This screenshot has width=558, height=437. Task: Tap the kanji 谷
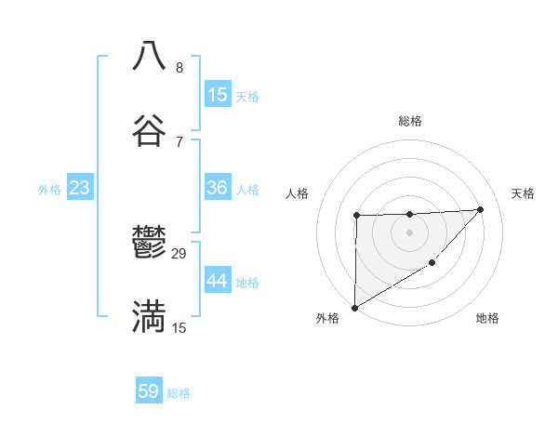(x=149, y=131)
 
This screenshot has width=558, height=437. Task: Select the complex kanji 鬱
(x=149, y=244)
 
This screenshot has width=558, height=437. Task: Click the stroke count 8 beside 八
(x=179, y=68)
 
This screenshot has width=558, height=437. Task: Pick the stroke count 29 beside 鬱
(x=179, y=254)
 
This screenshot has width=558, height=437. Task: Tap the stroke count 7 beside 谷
(x=179, y=142)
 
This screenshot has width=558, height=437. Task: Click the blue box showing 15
(x=218, y=95)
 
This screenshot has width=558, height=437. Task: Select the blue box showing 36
(x=218, y=188)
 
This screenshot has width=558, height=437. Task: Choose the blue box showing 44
(x=218, y=281)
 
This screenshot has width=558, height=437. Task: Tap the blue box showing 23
(x=80, y=188)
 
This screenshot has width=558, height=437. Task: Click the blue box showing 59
(x=149, y=391)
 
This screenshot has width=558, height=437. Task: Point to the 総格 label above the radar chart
(x=410, y=121)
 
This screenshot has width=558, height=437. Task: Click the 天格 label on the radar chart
(x=523, y=193)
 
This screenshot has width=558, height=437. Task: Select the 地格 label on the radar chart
(x=487, y=318)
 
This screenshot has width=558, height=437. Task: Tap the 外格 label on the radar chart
(x=327, y=318)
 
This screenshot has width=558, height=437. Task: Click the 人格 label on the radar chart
(x=298, y=193)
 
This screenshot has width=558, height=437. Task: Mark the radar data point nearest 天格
(x=481, y=209)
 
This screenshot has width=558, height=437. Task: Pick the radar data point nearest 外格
(x=354, y=307)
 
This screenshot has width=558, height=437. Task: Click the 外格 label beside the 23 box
(x=49, y=190)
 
